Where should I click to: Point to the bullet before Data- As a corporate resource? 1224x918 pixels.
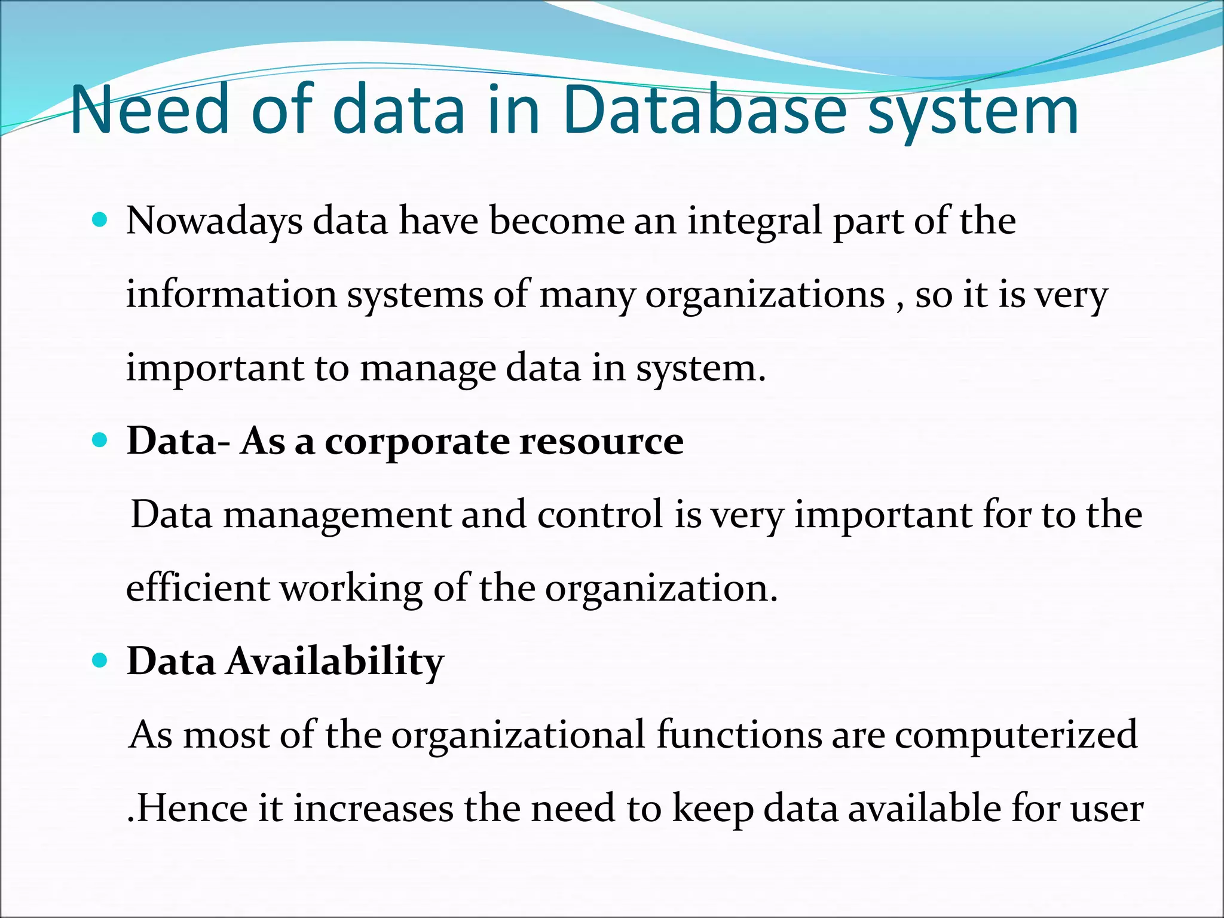point(100,441)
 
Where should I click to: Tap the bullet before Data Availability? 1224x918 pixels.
point(100,661)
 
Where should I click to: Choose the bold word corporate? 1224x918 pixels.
point(417,443)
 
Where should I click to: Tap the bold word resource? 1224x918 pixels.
point(601,443)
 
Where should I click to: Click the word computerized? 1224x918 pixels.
point(1015,736)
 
